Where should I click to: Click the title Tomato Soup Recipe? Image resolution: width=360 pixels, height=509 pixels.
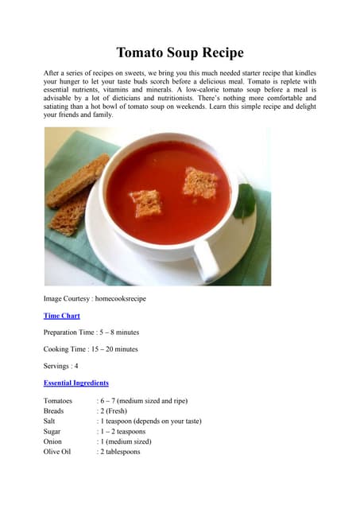click(180, 53)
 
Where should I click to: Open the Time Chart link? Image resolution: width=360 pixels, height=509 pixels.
click(60, 315)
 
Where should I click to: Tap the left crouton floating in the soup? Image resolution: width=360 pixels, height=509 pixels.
click(146, 202)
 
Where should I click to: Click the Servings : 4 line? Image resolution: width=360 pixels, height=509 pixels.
click(60, 366)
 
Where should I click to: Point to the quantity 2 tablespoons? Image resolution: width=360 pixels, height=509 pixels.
click(120, 451)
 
